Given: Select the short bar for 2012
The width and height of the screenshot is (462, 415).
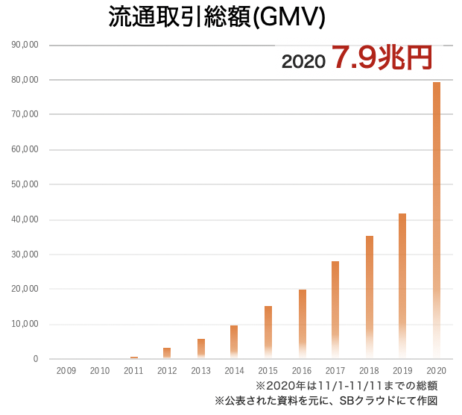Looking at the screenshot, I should [167, 353].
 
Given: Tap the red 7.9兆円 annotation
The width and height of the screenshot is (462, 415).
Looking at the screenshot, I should [382, 58].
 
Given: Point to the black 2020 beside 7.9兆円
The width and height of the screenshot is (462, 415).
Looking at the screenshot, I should [303, 63].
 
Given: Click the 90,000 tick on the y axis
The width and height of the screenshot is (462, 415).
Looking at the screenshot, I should [25, 45].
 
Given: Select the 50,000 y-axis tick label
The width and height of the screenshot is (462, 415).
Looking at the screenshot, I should [25, 184].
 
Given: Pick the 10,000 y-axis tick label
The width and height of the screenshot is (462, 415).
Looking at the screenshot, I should [25, 324].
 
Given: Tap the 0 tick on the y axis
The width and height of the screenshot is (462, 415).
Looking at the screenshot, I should [35, 359].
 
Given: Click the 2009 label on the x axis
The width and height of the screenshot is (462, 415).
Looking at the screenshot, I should [66, 371].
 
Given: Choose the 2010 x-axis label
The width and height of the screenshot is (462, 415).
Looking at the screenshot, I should [100, 371].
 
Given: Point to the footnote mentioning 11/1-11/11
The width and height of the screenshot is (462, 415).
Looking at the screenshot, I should [346, 386].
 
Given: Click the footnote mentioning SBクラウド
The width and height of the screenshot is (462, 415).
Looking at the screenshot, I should [337, 401].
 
